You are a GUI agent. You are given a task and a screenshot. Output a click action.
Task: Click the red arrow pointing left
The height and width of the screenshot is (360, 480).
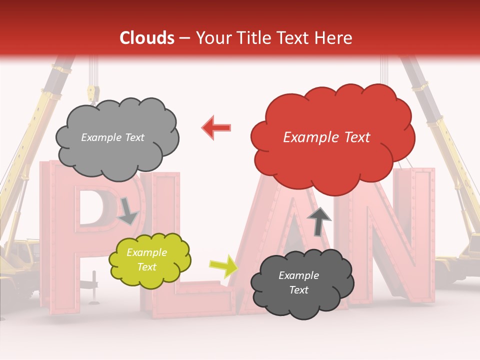pyautogui.click(x=217, y=127)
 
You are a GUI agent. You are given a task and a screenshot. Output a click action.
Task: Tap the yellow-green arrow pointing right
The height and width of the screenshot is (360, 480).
pyautogui.click(x=223, y=265)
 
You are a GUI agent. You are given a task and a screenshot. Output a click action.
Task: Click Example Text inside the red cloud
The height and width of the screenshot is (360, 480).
pyautogui.click(x=326, y=137)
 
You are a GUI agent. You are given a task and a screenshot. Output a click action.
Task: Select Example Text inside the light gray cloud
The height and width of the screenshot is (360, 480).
pyautogui.click(x=112, y=137)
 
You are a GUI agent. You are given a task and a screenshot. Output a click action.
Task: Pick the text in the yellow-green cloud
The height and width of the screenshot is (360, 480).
pyautogui.click(x=146, y=259)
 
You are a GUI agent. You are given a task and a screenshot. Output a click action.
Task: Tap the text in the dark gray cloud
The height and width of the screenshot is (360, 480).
pyautogui.click(x=298, y=282)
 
